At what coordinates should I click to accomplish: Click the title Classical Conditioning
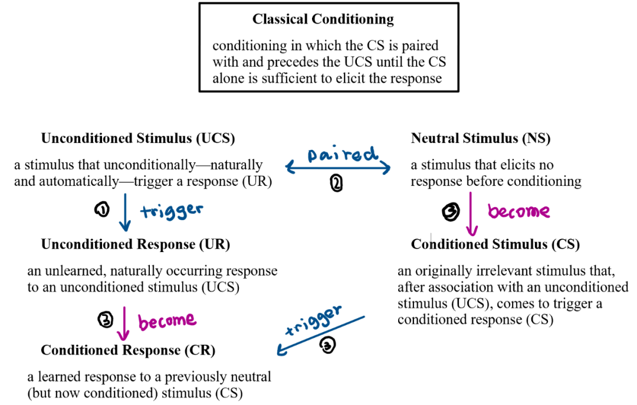point(323,19)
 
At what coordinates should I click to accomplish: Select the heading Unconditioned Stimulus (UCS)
point(138,139)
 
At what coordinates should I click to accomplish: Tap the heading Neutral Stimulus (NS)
point(480,139)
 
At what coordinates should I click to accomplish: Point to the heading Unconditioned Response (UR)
point(136,244)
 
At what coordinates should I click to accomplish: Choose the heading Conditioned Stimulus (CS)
point(495,244)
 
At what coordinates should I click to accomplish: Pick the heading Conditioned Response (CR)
point(128,351)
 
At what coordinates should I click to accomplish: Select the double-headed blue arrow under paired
point(339,169)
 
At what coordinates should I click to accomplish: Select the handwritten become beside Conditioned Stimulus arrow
point(519,211)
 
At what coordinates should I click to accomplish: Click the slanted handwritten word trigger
point(313,321)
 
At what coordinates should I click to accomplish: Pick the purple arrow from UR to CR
point(123,324)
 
